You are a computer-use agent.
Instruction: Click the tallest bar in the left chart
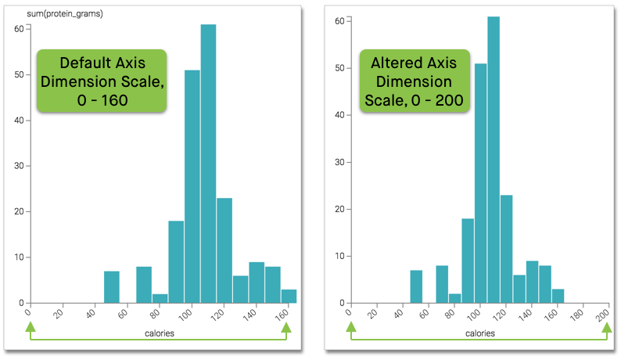pos(208,164)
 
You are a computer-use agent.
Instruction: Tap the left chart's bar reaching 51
pos(192,188)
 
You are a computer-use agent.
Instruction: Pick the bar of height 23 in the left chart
pos(224,250)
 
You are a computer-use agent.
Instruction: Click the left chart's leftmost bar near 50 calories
pos(112,287)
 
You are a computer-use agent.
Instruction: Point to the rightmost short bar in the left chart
pos(289,296)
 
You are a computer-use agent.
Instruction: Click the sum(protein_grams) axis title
pos(54,14)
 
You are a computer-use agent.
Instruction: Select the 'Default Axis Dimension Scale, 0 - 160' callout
pos(102,81)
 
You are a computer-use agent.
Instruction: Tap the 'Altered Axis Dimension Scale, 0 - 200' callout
pos(414,81)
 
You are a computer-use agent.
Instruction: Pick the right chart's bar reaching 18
pos(468,262)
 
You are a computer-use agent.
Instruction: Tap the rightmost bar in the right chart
pos(558,296)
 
